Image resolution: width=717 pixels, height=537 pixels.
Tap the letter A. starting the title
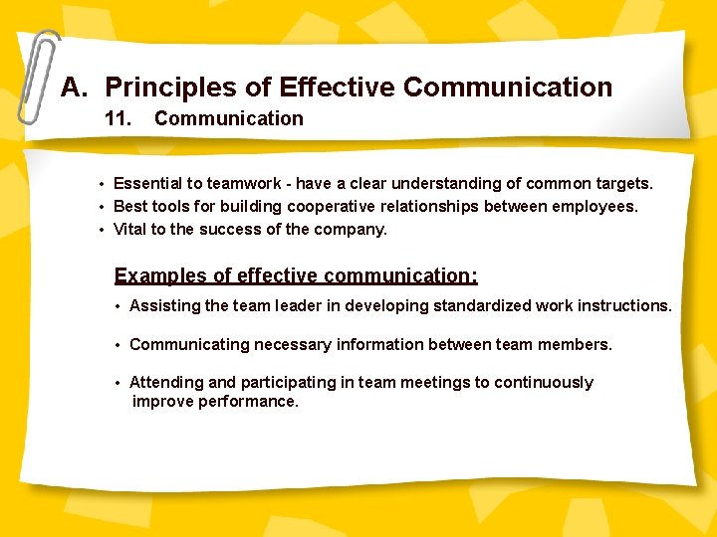(x=75, y=88)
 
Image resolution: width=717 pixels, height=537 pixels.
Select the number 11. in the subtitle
(x=119, y=118)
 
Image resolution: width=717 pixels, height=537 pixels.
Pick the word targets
(x=622, y=183)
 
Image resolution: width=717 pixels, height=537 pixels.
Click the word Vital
(x=129, y=229)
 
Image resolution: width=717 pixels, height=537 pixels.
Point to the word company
(x=351, y=229)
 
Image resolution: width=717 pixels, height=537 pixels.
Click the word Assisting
(x=165, y=305)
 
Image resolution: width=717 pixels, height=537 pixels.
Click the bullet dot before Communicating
(x=118, y=345)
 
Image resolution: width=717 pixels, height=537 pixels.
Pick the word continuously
(x=544, y=382)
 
